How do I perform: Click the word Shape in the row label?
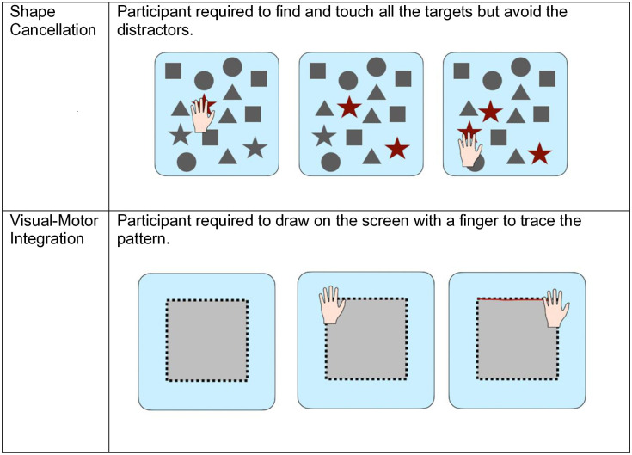[33, 13]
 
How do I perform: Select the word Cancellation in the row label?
[52, 30]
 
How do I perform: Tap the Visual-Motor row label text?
[54, 221]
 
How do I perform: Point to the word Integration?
[46, 238]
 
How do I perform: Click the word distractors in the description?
[155, 30]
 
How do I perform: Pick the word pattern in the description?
[143, 239]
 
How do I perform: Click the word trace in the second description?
[540, 221]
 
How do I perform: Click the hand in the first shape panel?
[202, 115]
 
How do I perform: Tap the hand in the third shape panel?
[470, 149]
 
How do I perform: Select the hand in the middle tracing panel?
[332, 304]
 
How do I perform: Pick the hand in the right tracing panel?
[556, 308]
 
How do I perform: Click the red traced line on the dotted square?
[511, 299]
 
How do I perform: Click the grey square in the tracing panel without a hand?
[206, 341]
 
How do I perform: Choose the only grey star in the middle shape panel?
[324, 135]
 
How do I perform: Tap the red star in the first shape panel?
[206, 103]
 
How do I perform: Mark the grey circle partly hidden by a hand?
[476, 162]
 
